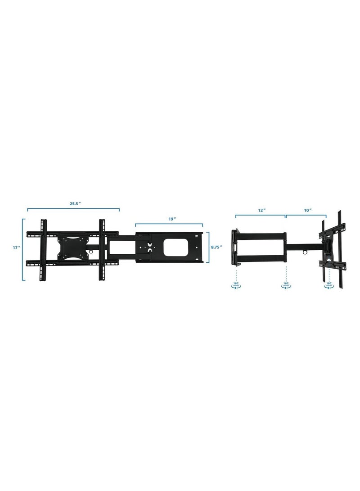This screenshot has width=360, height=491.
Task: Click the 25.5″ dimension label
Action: tap(75, 203)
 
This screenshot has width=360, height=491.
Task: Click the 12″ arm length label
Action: tap(261, 210)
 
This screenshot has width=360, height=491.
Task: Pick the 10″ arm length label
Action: tap(308, 210)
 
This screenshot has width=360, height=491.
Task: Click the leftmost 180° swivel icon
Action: tap(236, 285)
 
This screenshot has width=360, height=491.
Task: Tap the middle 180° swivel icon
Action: tap(286, 285)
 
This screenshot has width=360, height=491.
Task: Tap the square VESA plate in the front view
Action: tap(72, 247)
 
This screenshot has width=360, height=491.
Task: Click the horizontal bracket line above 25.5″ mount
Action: tap(73, 208)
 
